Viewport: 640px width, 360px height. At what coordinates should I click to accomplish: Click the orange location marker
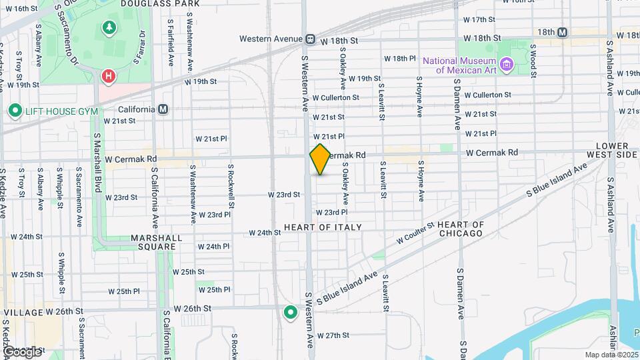(320, 159)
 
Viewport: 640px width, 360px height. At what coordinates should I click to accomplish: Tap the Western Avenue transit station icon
(311, 39)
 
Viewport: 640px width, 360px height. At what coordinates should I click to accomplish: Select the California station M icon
(163, 109)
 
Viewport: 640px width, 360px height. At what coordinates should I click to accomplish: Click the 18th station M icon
(563, 32)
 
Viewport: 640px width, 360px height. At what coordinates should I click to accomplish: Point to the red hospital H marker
(107, 77)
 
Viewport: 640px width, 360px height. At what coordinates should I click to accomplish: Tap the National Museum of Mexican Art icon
(507, 64)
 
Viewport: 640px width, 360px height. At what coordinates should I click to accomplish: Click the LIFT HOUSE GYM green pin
(14, 111)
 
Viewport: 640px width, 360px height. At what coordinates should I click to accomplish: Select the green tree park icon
(108, 27)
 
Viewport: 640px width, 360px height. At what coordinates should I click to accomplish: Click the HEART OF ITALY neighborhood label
(323, 227)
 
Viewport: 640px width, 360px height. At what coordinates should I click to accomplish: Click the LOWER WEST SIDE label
(613, 150)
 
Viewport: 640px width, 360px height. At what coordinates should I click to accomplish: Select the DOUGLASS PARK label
(160, 3)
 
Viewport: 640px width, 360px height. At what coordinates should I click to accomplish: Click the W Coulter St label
(415, 232)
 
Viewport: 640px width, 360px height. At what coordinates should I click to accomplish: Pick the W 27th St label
(333, 335)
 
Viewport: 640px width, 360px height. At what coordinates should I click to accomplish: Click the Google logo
(21, 351)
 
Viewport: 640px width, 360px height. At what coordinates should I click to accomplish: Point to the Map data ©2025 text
(611, 355)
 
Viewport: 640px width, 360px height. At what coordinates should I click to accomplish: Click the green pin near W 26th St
(290, 312)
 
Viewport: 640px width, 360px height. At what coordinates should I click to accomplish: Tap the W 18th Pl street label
(399, 59)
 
